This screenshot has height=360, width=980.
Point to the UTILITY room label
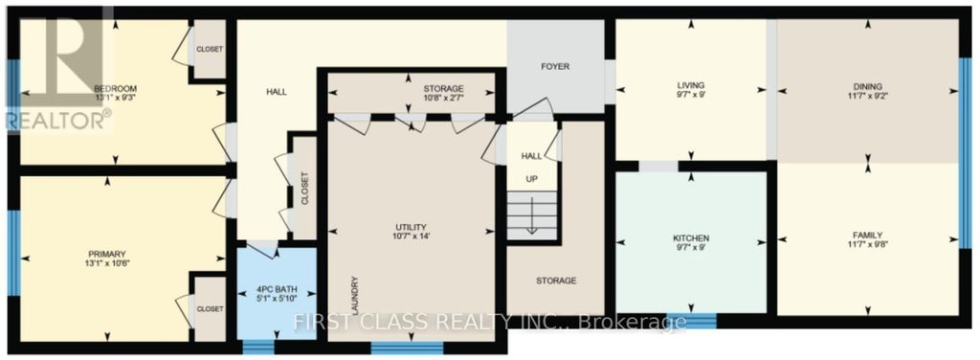410,227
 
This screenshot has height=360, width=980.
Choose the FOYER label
555,67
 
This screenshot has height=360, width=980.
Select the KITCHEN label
690,236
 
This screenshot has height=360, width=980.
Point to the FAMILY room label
867,236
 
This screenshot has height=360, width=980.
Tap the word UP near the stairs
530,178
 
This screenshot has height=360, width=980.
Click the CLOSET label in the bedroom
209,50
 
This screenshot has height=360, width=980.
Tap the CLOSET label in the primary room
209,309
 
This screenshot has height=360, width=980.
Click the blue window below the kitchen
690,320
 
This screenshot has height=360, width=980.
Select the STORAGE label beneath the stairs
556,281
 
